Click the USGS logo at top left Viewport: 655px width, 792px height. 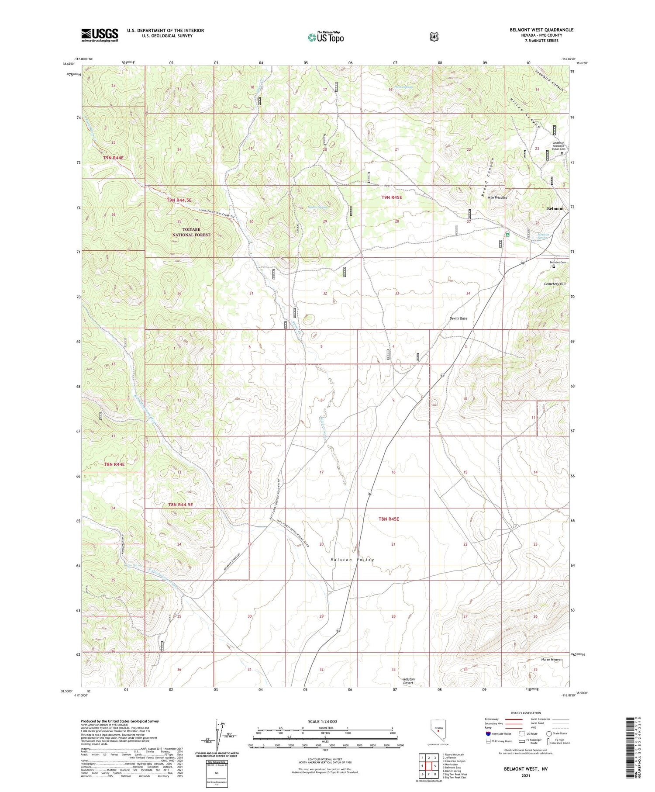coord(100,35)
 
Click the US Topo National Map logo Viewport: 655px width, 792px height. coord(325,37)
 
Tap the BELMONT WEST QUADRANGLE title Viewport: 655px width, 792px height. coord(541,30)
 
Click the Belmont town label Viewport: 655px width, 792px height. coord(555,209)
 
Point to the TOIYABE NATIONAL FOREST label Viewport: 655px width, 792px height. coord(191,232)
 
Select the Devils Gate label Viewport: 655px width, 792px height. coord(458,318)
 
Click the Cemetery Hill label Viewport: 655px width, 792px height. coord(555,284)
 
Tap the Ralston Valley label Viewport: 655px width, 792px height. coord(352,560)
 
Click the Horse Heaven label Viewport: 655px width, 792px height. coord(552,659)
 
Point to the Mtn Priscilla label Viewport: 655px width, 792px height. coord(497,197)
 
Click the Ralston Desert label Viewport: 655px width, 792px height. coord(409,681)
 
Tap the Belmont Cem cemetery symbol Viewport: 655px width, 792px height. coord(554,266)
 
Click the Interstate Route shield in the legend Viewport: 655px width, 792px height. coord(488,733)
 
